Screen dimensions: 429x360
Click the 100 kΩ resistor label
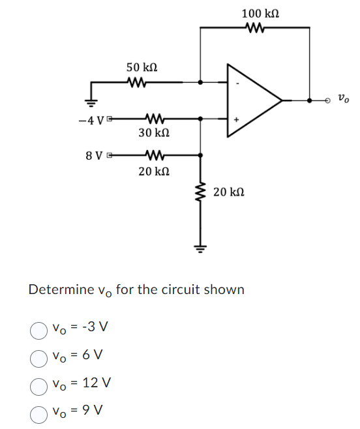(262, 13)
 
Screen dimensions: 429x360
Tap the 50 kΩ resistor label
(142, 67)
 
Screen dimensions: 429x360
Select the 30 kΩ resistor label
(155, 132)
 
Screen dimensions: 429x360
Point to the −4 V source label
(89, 120)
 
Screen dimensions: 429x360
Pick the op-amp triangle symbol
(251, 100)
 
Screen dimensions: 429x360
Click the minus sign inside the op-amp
(237, 83)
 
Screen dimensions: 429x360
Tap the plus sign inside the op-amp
(237, 119)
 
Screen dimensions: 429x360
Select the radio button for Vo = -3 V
(38, 330)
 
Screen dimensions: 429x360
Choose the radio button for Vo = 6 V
(38, 357)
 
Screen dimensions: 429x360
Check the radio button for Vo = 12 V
(38, 385)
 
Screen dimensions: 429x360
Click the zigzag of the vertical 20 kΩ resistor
(200, 192)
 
